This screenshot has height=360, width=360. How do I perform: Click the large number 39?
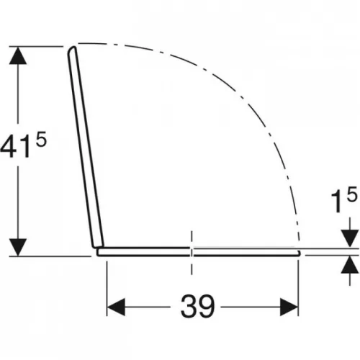tap(197, 306)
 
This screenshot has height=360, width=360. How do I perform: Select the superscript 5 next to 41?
tap(41, 140)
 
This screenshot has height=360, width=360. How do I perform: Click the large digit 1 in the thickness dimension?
tap(336, 202)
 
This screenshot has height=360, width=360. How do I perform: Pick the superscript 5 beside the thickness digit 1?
tap(351, 194)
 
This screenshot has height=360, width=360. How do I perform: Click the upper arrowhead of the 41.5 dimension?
tap(18, 55)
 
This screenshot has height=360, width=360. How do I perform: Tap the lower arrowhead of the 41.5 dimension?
tap(18, 248)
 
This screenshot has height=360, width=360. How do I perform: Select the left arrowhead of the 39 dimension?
tap(116, 307)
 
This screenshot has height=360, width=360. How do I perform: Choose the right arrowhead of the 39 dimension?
tap(289, 307)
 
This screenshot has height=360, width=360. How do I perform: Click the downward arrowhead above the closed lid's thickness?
tap(350, 238)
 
